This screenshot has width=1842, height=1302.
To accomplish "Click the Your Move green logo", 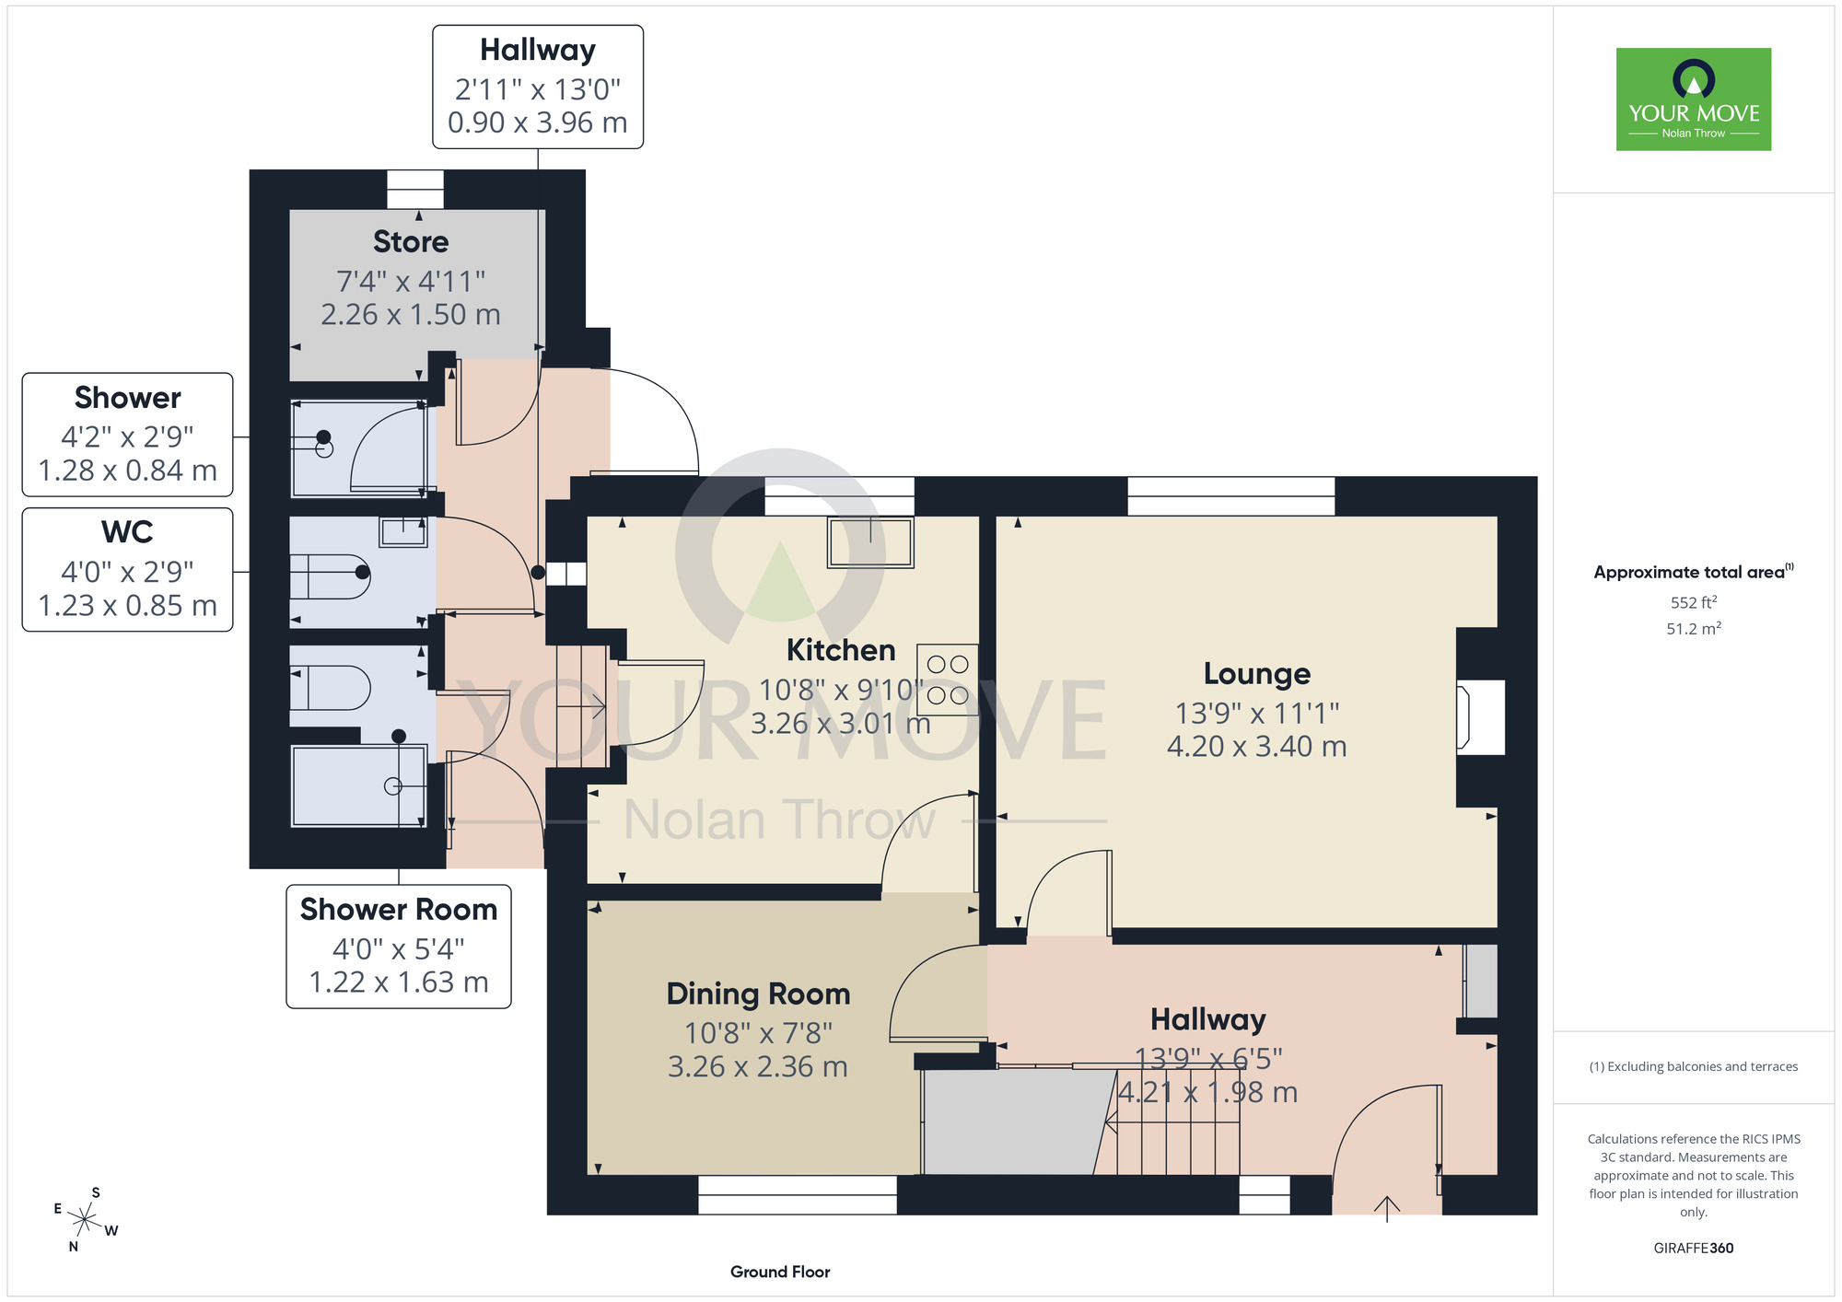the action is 1693,99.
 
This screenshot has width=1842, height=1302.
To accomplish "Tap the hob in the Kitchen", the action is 947,680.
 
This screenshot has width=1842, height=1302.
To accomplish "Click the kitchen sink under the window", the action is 869,542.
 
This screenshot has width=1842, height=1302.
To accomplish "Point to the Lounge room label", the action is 1257,673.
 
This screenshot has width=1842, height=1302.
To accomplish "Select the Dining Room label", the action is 758,994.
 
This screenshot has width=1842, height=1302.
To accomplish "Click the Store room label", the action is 411,241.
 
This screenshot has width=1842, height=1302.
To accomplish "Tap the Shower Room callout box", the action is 399,947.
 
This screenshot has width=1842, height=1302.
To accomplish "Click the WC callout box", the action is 127,570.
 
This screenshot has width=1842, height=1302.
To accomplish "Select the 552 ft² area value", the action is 1694,602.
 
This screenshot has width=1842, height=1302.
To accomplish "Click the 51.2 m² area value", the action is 1694,629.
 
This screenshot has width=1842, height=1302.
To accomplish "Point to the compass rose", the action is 85,1220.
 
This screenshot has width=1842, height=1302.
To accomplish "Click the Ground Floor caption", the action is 780,1272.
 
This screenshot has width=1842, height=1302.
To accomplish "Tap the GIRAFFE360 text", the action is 1694,1249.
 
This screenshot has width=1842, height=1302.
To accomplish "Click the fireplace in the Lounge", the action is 1480,717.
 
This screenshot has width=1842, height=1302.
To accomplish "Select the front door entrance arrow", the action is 1387,1208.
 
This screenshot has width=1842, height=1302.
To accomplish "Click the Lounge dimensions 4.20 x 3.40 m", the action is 1257,746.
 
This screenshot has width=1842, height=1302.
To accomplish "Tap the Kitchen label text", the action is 841,650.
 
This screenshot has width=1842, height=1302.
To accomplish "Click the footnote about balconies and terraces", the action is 1694,1066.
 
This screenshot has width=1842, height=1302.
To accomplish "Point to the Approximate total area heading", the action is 1694,572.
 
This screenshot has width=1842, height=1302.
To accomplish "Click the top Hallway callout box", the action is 538,87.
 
